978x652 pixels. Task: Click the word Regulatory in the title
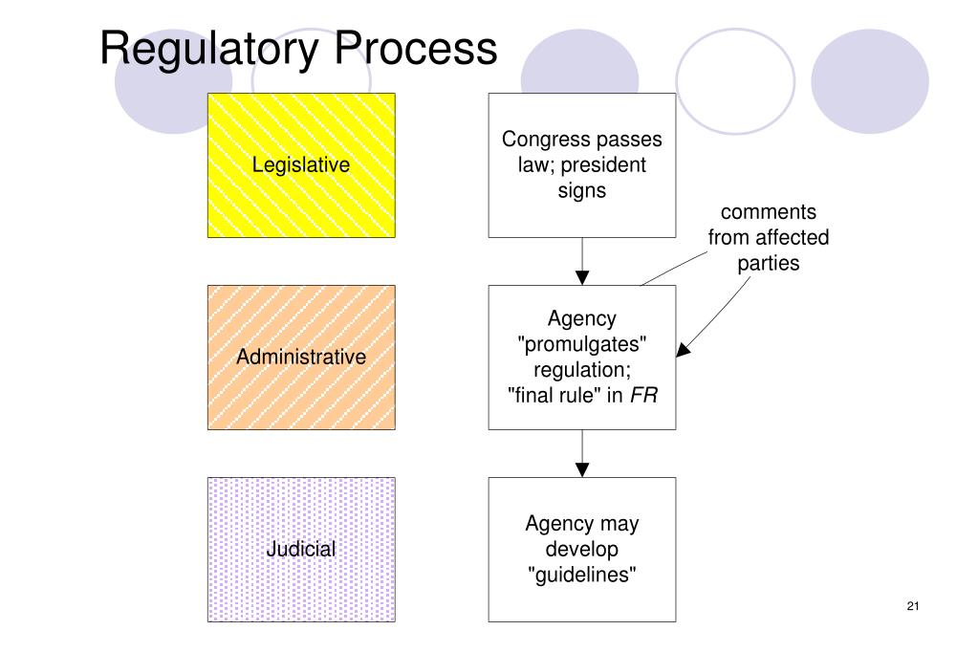point(210,48)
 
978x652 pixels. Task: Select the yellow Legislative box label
point(301,164)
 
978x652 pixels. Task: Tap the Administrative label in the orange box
point(301,357)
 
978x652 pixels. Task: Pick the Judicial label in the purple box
point(301,549)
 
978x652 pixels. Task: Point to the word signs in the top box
point(581,190)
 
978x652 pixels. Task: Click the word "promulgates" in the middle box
point(581,344)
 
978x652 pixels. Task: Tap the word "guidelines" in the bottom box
point(581,575)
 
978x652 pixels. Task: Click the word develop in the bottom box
point(581,549)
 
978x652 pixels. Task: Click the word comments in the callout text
point(768,211)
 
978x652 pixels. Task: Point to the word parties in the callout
point(768,262)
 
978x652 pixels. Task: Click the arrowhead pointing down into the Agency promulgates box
point(582,277)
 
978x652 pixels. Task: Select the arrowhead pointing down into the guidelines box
point(582,468)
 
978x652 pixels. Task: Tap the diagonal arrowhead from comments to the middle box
point(683,351)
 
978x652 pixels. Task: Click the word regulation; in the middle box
point(581,369)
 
